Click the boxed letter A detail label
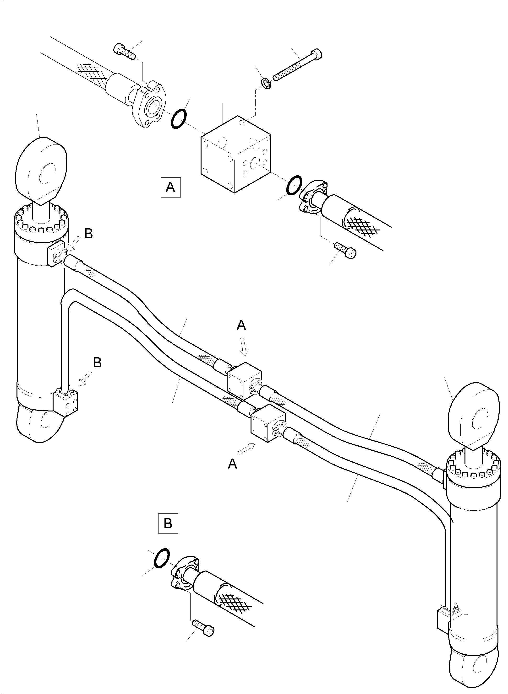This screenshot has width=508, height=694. click(x=170, y=187)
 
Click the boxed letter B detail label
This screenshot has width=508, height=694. click(x=168, y=523)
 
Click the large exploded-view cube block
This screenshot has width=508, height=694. click(x=236, y=154)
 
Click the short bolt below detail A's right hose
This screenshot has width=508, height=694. click(x=346, y=250)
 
